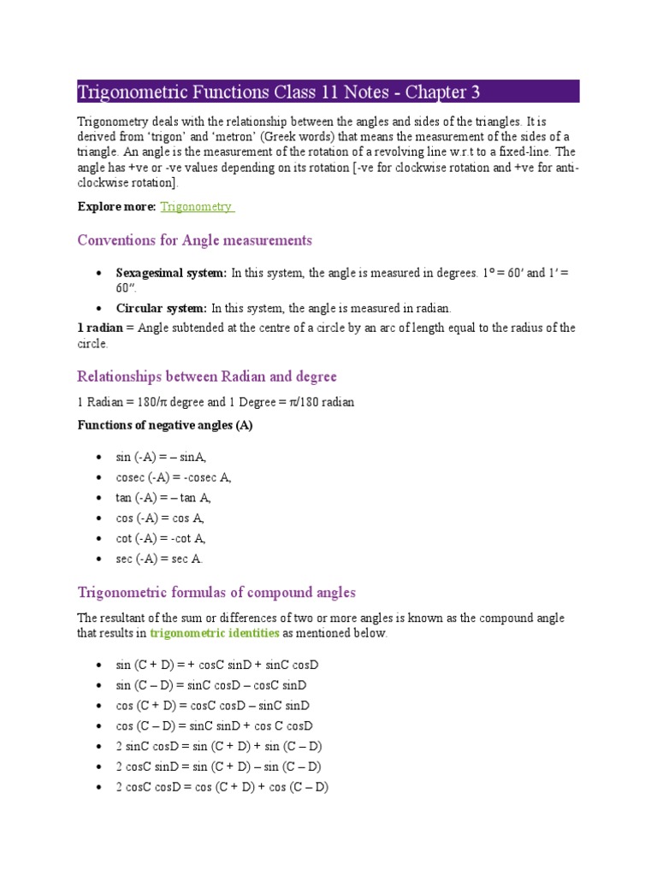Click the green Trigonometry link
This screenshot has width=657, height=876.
point(197,206)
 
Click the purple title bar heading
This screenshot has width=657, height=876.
point(285,92)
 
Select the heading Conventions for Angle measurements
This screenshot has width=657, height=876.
point(194,240)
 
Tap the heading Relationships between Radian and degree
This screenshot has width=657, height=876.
point(207,376)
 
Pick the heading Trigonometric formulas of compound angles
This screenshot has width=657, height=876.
point(216,593)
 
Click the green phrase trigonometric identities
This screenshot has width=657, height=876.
point(214,634)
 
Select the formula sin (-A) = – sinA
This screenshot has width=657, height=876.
point(161,458)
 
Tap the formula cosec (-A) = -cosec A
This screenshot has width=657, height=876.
point(174,477)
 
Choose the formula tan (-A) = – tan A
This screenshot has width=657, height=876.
point(163,498)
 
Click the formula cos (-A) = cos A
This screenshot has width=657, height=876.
point(160,518)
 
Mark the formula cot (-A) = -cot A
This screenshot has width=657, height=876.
point(161,539)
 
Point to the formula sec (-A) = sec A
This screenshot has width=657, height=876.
point(159,559)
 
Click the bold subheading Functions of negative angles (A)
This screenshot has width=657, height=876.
point(165,425)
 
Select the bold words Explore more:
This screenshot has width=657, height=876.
point(116,206)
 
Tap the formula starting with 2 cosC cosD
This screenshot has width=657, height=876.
point(222,788)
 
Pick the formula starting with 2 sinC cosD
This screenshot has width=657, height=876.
point(219,747)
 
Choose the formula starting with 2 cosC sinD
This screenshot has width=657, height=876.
point(218,767)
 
